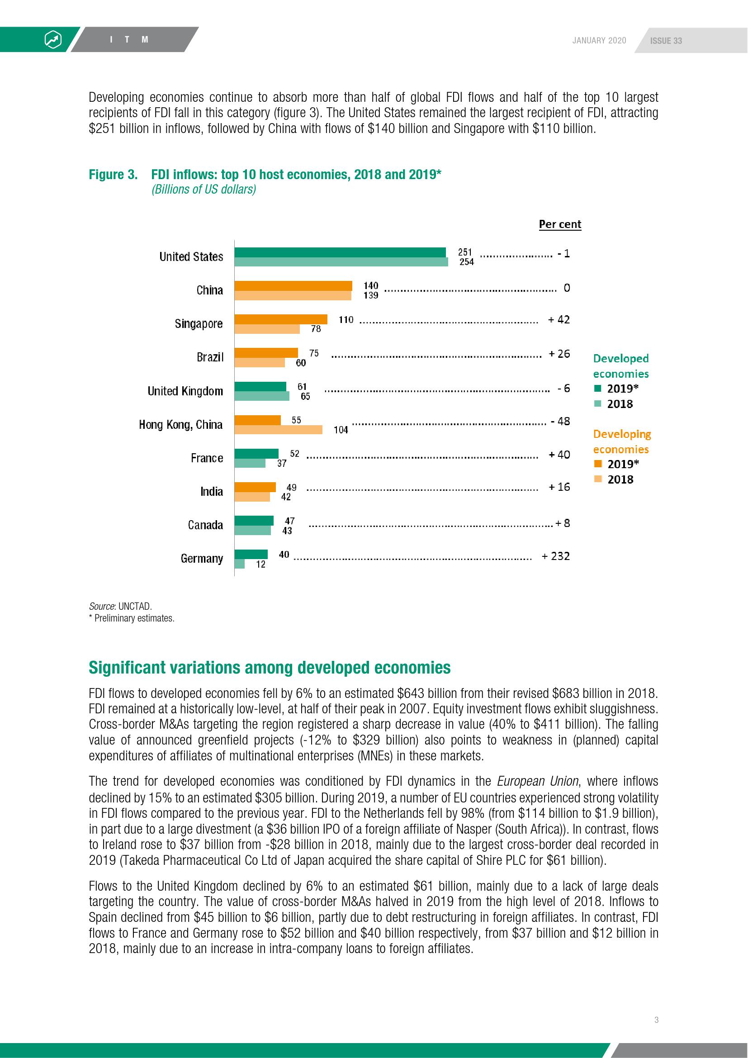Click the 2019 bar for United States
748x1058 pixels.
340,252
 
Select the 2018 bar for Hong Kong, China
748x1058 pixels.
278,429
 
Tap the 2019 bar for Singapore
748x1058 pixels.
280,319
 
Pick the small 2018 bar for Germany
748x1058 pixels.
240,564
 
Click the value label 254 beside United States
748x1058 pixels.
466,262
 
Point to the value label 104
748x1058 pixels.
341,430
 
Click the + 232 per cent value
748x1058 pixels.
555,556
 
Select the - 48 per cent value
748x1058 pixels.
560,421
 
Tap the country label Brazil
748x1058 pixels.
210,357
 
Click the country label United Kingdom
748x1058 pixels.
185,391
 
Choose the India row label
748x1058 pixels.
211,492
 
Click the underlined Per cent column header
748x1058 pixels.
559,224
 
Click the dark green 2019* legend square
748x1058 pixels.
598,389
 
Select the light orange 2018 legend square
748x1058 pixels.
598,479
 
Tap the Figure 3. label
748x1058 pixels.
113,175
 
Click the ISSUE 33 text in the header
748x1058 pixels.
666,41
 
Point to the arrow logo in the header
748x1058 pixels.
53,40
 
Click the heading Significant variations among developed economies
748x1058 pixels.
270,668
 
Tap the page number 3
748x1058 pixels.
656,1020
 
